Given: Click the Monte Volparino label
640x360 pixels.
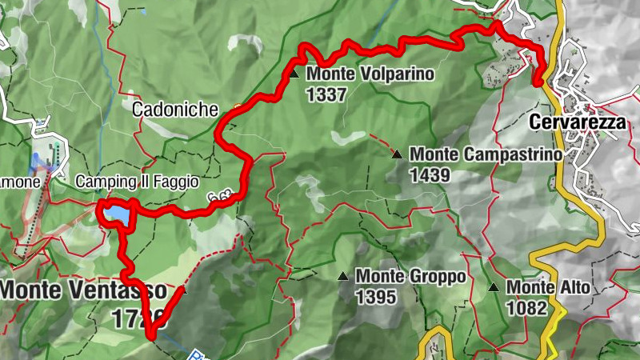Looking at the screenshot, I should point(370,74).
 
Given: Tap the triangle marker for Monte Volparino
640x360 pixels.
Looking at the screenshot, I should point(294,74).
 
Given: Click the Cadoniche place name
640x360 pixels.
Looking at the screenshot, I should point(174,110).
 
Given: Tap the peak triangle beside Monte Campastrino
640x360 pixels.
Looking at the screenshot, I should point(397,154).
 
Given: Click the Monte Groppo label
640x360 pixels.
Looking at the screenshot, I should point(410,276).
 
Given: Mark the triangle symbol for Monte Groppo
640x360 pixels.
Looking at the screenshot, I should point(342,277).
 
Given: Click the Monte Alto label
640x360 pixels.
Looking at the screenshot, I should point(548,287).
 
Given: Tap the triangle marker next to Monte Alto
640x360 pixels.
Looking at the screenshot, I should point(494,287).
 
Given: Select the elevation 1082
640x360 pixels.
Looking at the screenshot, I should point(526,307).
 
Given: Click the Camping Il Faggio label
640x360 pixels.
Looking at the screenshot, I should point(137,182).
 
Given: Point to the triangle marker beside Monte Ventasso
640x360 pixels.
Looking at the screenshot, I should point(184,290).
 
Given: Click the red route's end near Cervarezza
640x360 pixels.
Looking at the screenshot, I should point(537,82).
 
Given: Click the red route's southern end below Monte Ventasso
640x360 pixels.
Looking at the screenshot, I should point(150,337).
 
